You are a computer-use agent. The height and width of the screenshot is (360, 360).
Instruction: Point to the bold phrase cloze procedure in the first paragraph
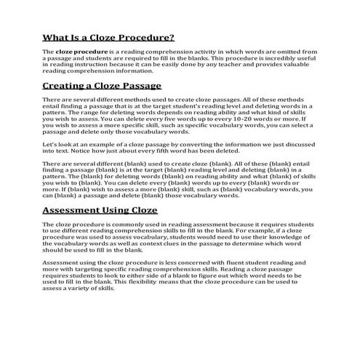[80, 53]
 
